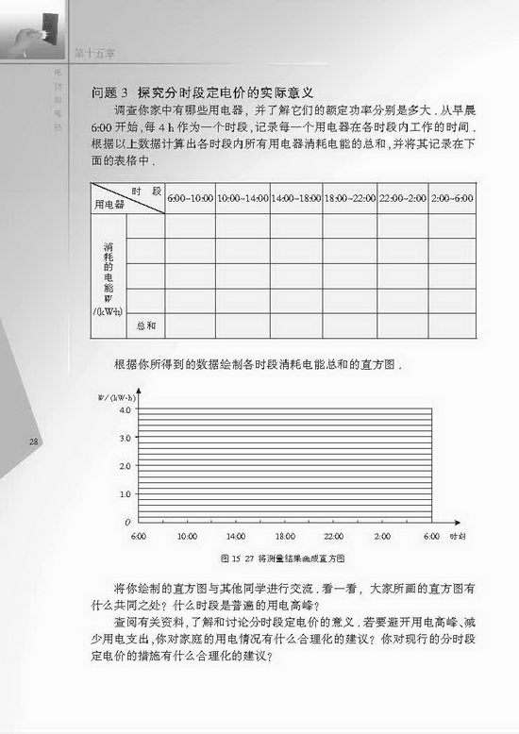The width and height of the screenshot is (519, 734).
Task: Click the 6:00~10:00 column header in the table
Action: (x=191, y=199)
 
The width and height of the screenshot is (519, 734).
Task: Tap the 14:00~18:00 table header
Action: (x=296, y=199)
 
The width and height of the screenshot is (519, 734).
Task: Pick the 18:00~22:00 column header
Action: (x=349, y=199)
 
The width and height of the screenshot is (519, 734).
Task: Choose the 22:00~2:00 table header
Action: (x=403, y=199)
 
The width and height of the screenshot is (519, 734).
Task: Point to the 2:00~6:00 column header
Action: (x=453, y=199)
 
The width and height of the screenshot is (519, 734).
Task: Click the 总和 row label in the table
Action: (x=145, y=325)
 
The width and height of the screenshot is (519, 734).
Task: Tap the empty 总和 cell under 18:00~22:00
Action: (x=349, y=325)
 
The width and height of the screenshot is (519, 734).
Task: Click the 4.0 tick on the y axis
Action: (x=125, y=410)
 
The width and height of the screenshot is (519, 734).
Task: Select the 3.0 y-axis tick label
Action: (x=125, y=438)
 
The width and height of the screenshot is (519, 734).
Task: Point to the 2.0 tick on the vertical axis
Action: (x=125, y=466)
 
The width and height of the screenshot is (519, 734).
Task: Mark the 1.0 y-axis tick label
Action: (x=125, y=493)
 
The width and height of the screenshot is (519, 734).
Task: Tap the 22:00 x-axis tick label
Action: (x=333, y=536)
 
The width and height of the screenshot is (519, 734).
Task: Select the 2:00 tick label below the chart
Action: (x=382, y=536)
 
